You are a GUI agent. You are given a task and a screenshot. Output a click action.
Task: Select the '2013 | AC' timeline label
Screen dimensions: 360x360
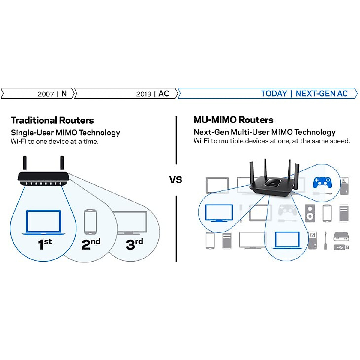(153, 94)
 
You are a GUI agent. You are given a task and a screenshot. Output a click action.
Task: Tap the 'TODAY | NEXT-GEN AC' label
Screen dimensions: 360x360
(304, 94)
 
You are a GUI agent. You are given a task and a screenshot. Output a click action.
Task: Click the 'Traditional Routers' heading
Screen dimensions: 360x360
(52, 120)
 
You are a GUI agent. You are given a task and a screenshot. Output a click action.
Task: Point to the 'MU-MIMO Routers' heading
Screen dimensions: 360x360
(233, 120)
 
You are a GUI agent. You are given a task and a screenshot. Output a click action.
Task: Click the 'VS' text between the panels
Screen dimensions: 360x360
(176, 180)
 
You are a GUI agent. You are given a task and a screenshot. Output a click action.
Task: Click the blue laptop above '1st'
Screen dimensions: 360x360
(43, 222)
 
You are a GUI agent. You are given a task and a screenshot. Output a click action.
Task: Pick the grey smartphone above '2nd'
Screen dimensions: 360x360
(90, 222)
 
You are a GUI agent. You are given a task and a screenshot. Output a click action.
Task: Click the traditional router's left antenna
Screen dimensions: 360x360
(25, 163)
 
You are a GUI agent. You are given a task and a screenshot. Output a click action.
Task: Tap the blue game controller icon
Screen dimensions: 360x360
(322, 182)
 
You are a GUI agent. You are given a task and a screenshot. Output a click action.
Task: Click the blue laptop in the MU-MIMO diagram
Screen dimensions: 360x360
(287, 240)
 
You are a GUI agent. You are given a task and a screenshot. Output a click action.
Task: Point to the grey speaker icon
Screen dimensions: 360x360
(310, 213)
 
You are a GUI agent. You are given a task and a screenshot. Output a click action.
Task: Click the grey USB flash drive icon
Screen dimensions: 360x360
(341, 247)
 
